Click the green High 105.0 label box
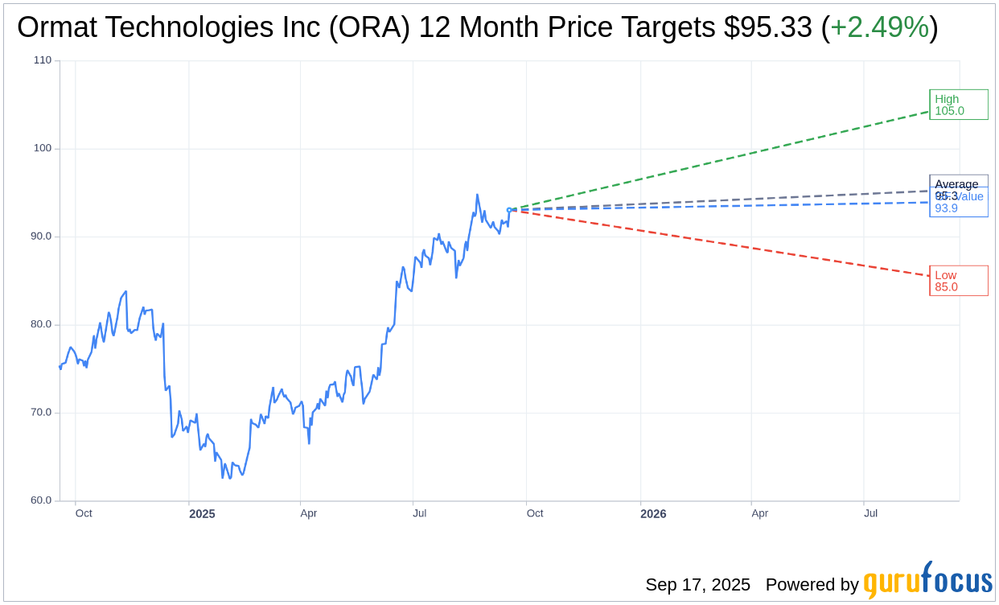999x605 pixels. pyautogui.click(x=958, y=105)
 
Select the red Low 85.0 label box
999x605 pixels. pyautogui.click(x=958, y=281)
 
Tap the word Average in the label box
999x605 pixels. pyautogui.click(x=956, y=184)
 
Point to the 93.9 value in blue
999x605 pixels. pyautogui.click(x=946, y=208)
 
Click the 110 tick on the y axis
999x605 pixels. pyautogui.click(x=43, y=60)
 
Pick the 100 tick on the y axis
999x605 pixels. pyautogui.click(x=43, y=148)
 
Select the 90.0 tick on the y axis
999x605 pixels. pyautogui.click(x=41, y=237)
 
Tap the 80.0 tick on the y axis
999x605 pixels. pyautogui.click(x=41, y=324)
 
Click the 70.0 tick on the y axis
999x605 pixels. pyautogui.click(x=41, y=413)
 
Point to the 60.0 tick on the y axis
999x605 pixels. pyautogui.click(x=41, y=500)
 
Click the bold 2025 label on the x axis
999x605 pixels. pyautogui.click(x=202, y=514)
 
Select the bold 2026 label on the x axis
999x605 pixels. pyautogui.click(x=653, y=514)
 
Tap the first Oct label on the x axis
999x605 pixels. pyautogui.click(x=84, y=513)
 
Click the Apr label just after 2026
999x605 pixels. pyautogui.click(x=759, y=513)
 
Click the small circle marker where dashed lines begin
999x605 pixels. pyautogui.click(x=509, y=210)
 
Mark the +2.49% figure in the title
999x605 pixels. pyautogui.click(x=879, y=27)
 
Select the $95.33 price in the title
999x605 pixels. pyautogui.click(x=767, y=27)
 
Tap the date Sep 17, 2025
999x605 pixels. pyautogui.click(x=697, y=585)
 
